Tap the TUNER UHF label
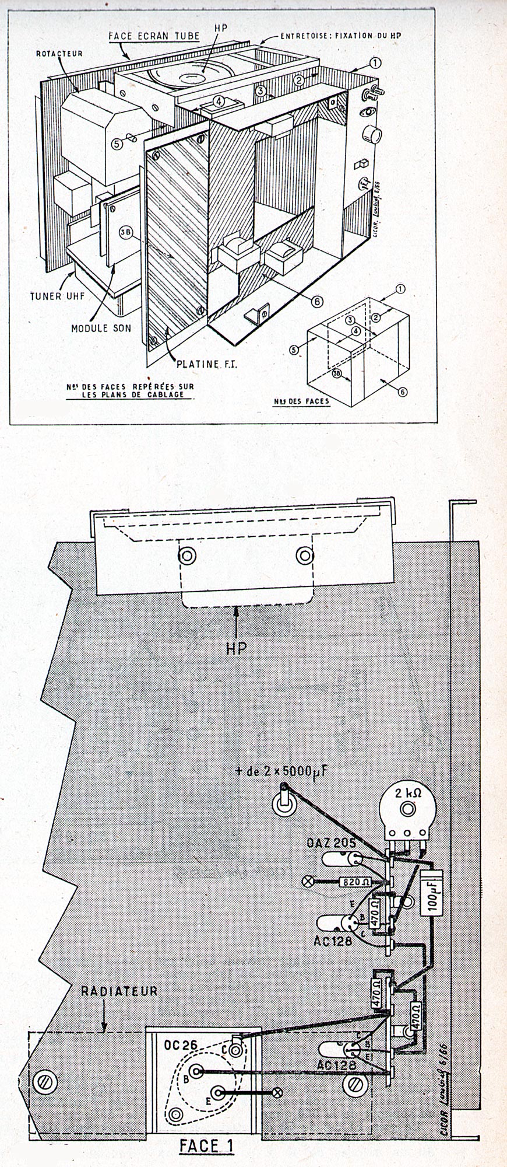[x=58, y=296]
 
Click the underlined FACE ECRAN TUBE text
[x=154, y=36]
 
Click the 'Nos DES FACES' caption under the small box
[x=301, y=401]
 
